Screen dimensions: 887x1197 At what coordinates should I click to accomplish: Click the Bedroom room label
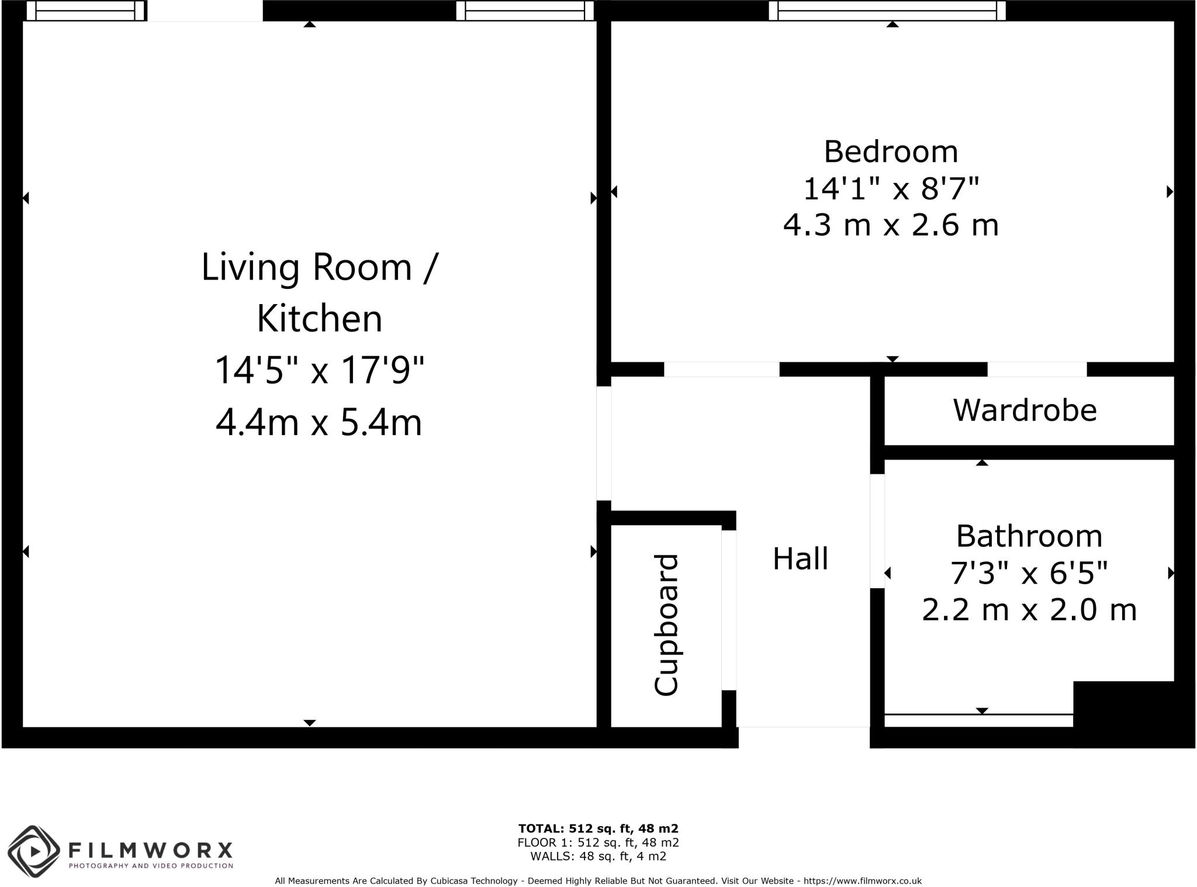click(891, 152)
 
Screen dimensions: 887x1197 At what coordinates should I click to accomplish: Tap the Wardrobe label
click(1025, 410)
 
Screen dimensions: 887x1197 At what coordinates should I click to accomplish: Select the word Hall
click(800, 559)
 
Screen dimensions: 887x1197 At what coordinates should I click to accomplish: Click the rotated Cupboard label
click(666, 625)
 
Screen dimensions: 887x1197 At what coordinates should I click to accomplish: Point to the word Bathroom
click(1029, 536)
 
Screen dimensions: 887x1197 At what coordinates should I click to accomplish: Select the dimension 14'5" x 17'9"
click(319, 370)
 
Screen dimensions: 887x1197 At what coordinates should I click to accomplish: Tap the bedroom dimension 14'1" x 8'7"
click(891, 189)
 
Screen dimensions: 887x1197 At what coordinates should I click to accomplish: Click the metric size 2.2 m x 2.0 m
click(1029, 610)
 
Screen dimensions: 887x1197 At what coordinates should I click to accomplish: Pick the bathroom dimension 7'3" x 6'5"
click(1029, 573)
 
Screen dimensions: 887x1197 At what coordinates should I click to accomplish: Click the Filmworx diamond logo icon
click(34, 851)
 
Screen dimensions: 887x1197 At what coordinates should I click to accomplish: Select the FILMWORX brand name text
click(151, 849)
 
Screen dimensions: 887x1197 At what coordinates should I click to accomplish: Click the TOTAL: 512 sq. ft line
click(598, 829)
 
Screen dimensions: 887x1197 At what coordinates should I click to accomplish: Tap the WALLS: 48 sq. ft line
click(598, 856)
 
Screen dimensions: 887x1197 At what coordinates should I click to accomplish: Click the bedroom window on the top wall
click(887, 11)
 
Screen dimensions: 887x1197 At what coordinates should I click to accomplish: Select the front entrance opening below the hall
click(804, 737)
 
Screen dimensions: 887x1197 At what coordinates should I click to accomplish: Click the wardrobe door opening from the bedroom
click(1037, 370)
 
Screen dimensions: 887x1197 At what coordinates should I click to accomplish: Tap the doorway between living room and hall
click(604, 443)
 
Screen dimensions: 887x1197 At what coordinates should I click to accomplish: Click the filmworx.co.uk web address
click(862, 881)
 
